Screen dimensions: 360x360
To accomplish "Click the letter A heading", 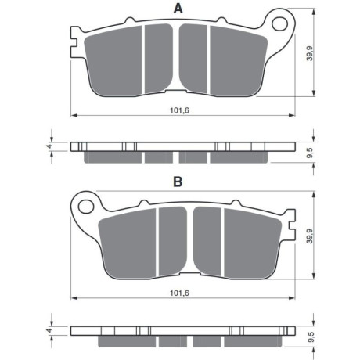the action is click(x=178, y=9).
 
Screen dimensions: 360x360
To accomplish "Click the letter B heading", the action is click(x=178, y=182).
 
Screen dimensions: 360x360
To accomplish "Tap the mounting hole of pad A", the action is click(x=279, y=23).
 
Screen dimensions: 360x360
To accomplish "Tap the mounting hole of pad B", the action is click(x=86, y=207).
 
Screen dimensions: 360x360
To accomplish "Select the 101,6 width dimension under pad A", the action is click(x=180, y=110).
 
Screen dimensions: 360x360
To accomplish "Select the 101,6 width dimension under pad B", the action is click(x=179, y=293).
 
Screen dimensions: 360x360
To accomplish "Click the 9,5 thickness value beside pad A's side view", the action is click(x=310, y=152).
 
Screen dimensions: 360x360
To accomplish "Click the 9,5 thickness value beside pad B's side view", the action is click(x=310, y=337).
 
